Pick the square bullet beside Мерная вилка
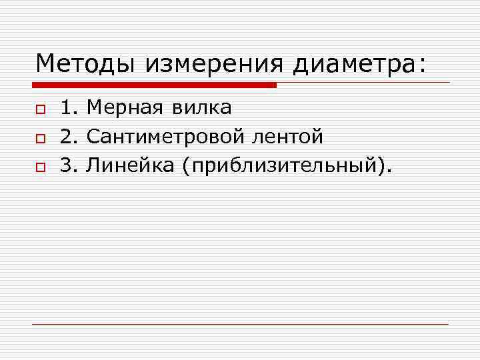[40, 109]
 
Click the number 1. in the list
[69, 107]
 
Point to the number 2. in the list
[69, 136]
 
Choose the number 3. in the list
[69, 165]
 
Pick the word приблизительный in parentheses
[283, 165]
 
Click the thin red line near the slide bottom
[240, 324]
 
